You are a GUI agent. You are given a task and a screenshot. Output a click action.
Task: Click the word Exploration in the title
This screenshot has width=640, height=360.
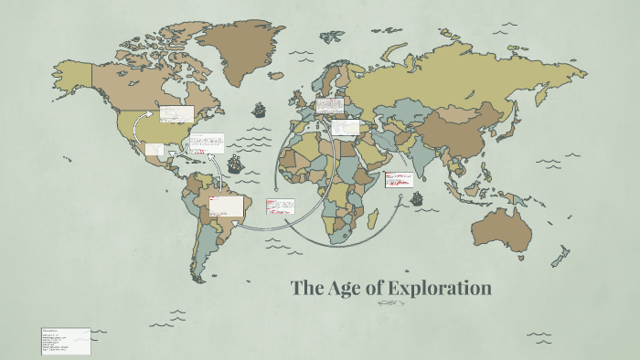click(440, 289)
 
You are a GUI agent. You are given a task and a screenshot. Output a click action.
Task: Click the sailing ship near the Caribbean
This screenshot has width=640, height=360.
click(235, 164)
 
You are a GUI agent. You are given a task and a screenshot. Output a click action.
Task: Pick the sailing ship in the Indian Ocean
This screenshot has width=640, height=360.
click(417, 198)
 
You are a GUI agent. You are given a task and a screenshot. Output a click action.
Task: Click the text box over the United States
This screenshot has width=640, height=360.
click(176, 114)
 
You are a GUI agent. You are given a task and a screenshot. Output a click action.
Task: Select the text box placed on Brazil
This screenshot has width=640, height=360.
click(227, 206)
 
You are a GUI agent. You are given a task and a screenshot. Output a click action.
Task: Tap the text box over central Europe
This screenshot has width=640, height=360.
click(329, 107)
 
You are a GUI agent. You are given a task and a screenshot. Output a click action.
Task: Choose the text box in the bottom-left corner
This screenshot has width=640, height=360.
click(66, 341)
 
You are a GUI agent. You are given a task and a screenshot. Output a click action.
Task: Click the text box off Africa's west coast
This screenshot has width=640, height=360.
click(278, 208)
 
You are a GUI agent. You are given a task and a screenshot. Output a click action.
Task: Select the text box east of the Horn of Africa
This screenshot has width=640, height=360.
click(399, 180)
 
